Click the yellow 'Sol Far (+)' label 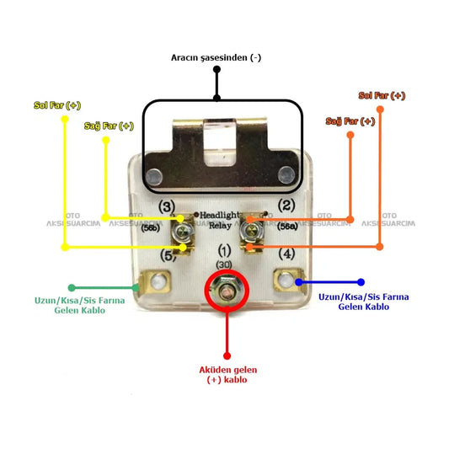tap(57, 105)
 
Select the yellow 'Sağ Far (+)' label tap(109, 126)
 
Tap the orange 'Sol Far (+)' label tap(382, 96)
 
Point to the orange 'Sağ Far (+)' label tap(350, 121)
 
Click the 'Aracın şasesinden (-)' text tap(216, 57)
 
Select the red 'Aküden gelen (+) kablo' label tap(228, 375)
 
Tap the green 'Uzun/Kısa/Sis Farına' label tap(79, 301)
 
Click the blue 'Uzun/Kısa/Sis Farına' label tap(364, 297)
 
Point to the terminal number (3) tap(167, 206)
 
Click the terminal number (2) tap(286, 205)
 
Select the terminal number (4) tap(286, 254)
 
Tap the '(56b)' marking tap(150, 228)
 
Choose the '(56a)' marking tap(287, 227)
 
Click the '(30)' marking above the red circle tap(224, 265)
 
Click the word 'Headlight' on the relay tap(219, 215)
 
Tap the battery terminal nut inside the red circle tap(227, 291)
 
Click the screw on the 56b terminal tap(182, 231)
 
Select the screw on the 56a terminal tap(252, 229)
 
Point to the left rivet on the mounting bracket tap(154, 176)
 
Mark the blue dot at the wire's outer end tap(361, 282)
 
